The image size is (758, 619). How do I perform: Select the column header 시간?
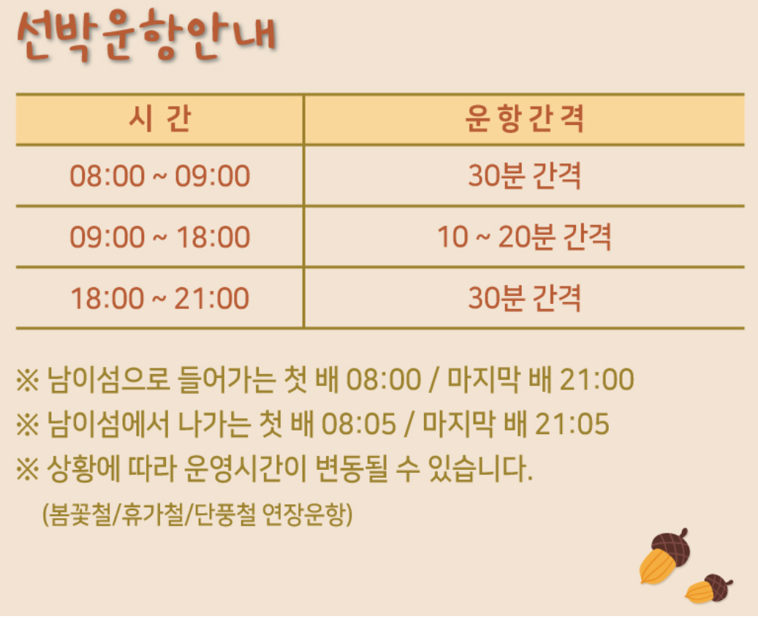159,119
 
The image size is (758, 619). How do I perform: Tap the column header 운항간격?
524,119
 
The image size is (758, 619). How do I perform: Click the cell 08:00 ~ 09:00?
159,176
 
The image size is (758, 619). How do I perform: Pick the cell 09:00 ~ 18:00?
159,238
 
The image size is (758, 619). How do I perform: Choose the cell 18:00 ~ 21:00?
159,298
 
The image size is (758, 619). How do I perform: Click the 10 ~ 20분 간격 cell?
524,238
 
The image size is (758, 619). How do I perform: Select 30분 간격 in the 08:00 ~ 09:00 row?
524,176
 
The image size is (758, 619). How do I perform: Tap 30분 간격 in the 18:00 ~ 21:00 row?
524,298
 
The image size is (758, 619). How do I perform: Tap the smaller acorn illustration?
709,589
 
